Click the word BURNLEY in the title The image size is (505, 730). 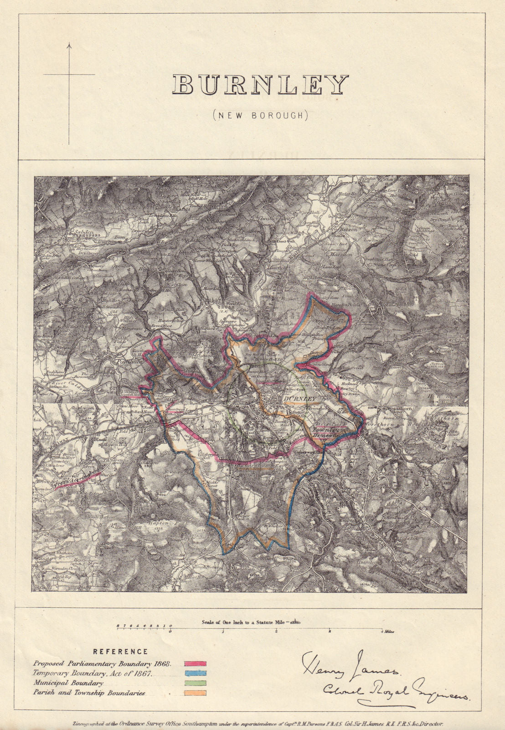pos(260,85)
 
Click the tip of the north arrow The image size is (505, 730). pos(69,44)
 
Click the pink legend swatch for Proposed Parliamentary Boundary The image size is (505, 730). pos(195,664)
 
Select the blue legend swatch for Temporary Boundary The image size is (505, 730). pos(195,673)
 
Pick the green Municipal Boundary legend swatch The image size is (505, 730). pos(195,683)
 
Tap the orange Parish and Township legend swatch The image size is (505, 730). pos(195,693)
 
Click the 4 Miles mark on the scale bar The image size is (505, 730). pos(387,632)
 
